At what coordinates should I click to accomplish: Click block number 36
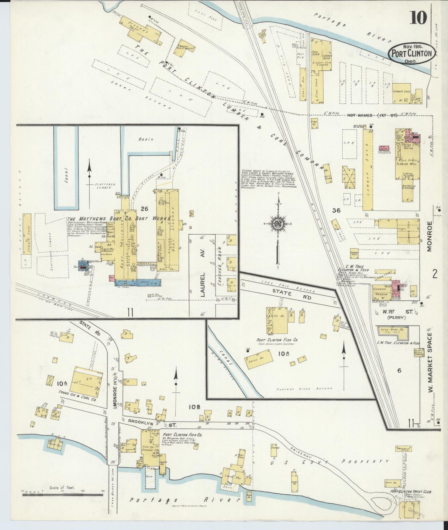click(336, 211)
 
